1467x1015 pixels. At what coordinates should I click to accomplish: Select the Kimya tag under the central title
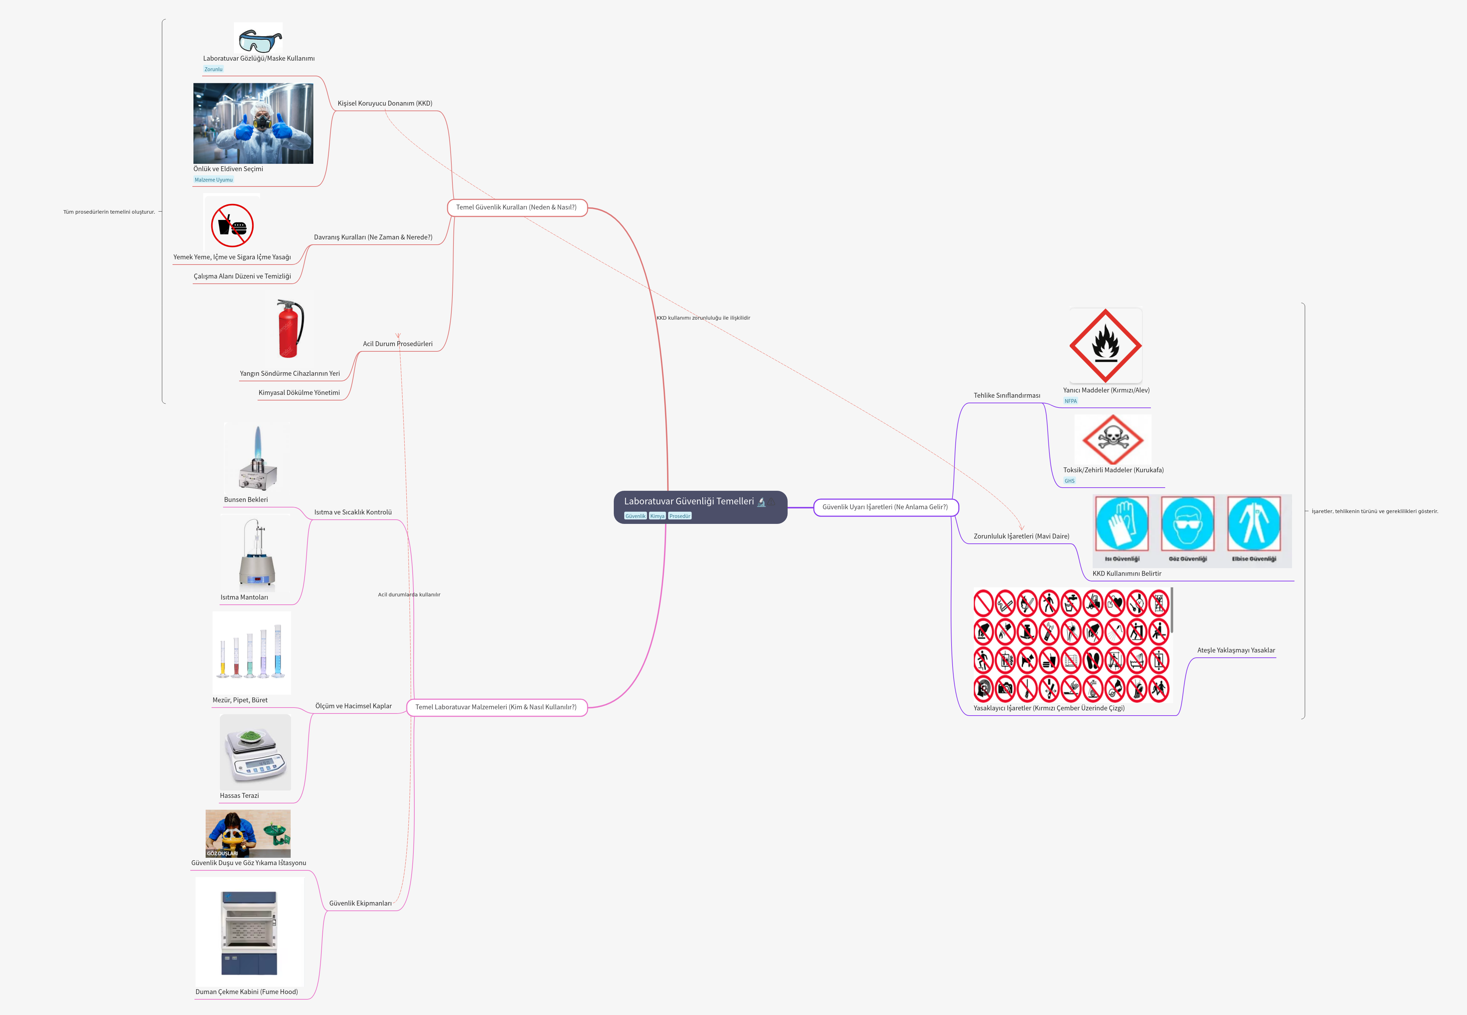click(657, 516)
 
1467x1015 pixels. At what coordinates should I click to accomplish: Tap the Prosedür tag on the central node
click(679, 516)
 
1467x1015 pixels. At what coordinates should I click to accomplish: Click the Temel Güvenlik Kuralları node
click(516, 207)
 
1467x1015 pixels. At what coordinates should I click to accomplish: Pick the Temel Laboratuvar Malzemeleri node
click(496, 707)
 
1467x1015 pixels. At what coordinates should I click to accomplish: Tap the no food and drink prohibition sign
click(232, 225)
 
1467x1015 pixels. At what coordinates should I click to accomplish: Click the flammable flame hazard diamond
click(1105, 345)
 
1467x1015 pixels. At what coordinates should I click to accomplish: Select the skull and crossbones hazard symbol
click(1112, 439)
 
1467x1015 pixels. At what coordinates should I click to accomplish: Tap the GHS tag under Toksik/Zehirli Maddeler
click(1070, 481)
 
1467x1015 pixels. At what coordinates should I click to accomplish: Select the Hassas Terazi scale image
click(255, 752)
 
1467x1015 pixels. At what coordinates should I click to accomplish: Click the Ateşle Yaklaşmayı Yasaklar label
click(1236, 650)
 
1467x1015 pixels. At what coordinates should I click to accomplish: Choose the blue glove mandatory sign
click(1122, 524)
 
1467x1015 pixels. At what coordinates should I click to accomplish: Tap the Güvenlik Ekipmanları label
click(360, 903)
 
